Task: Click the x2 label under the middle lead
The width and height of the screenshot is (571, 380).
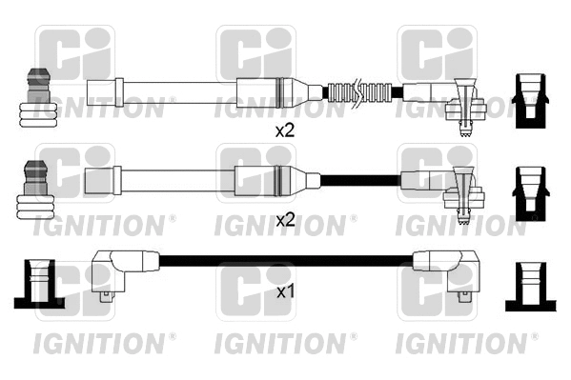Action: pyautogui.click(x=285, y=220)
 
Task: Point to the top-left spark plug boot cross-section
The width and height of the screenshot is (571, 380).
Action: pyautogui.click(x=36, y=96)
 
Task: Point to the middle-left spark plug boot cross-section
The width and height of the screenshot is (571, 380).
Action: pyautogui.click(x=36, y=185)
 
